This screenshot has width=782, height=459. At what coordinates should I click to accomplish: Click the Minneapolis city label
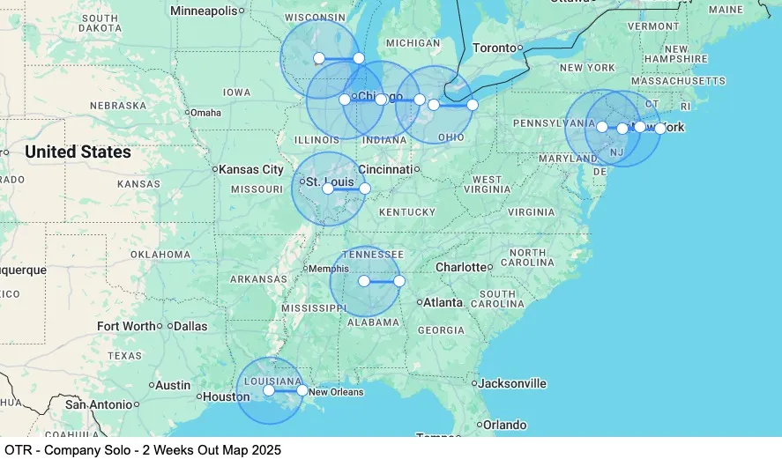pyautogui.click(x=204, y=11)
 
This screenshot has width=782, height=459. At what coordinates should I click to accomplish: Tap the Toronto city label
pyautogui.click(x=494, y=48)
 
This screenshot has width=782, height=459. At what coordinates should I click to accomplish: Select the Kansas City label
pyautogui.click(x=251, y=169)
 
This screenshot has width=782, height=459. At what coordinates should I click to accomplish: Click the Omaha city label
pyautogui.click(x=205, y=113)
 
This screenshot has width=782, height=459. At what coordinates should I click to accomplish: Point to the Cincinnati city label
pyautogui.click(x=385, y=169)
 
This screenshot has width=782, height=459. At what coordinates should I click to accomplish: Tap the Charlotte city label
pyautogui.click(x=461, y=267)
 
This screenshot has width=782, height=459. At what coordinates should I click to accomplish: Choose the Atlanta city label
pyautogui.click(x=443, y=302)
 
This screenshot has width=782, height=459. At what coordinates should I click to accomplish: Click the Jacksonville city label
pyautogui.click(x=512, y=383)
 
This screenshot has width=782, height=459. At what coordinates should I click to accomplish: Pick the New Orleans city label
pyautogui.click(x=336, y=392)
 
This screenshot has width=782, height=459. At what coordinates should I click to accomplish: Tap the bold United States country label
pyautogui.click(x=78, y=152)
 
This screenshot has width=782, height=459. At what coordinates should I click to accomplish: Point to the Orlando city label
pyautogui.click(x=504, y=425)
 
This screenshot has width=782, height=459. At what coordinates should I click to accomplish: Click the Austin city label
pyautogui.click(x=172, y=385)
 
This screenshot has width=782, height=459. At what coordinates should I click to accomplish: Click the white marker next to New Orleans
pyautogui.click(x=302, y=390)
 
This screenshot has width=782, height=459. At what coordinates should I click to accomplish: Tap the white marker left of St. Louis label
pyautogui.click(x=328, y=189)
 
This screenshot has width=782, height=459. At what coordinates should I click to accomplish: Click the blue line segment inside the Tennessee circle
pyautogui.click(x=381, y=281)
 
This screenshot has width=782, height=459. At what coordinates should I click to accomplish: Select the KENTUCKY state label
pyautogui.click(x=407, y=212)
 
